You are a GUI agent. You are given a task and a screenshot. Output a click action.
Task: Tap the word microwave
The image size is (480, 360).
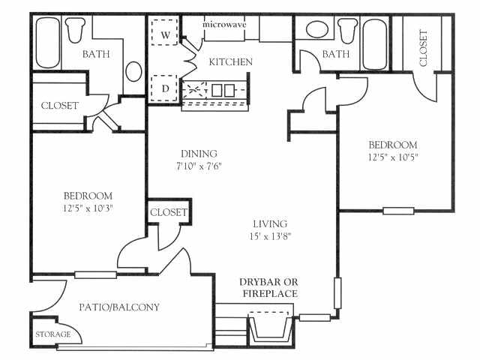coord(224,23)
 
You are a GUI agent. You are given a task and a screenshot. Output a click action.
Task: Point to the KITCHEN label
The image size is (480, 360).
coord(230,61)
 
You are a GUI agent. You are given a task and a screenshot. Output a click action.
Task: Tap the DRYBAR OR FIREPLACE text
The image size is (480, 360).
coord(268,287)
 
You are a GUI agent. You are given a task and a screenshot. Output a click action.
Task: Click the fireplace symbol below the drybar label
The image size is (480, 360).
coord(268,328)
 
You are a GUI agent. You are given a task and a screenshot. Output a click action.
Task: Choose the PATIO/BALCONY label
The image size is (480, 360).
coord(119,307)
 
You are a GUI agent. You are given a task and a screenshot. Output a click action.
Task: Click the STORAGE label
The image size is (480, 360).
coord(53,334)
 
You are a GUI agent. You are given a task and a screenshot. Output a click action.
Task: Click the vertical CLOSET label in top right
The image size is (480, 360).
coord(424,47)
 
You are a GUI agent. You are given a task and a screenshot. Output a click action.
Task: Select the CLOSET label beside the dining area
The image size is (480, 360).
coord(168,212)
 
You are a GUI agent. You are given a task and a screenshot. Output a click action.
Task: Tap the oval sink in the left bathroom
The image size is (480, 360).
coord(133,71)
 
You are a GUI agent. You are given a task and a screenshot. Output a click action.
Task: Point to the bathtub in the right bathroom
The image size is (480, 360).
coord(373,34)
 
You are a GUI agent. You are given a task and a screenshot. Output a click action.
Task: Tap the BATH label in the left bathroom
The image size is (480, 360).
coord(96,53)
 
